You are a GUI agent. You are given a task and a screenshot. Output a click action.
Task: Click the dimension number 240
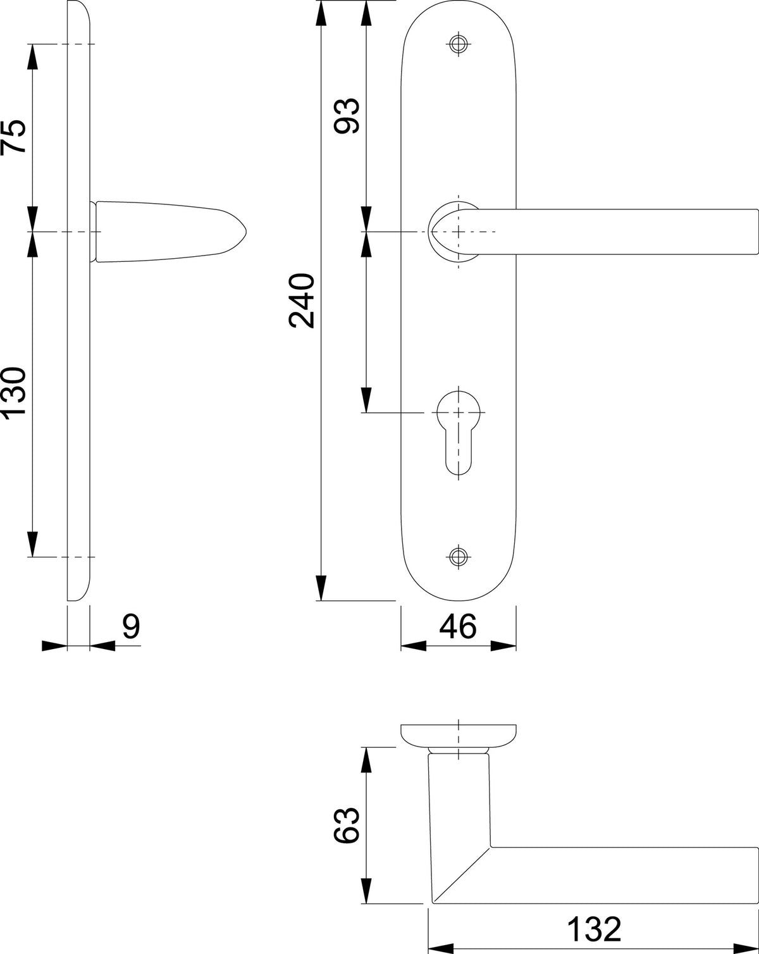[x=302, y=300]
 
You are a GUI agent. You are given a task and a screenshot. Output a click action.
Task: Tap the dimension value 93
[x=347, y=116]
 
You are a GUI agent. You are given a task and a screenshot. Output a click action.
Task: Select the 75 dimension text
[x=13, y=136]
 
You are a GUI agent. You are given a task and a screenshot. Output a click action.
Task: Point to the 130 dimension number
[x=13, y=393]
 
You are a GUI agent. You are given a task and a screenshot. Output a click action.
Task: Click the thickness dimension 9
[x=131, y=627]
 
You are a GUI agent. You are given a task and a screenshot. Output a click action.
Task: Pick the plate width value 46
[x=458, y=627]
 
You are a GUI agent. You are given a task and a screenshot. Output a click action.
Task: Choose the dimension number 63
[x=346, y=825]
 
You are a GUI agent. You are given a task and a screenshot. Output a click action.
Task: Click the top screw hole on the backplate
[x=459, y=44]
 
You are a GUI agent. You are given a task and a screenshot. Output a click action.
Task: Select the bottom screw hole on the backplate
[x=459, y=556]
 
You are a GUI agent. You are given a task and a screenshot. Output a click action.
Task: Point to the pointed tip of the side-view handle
[x=245, y=232]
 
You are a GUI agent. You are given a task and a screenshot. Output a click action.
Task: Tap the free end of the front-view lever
[x=757, y=232]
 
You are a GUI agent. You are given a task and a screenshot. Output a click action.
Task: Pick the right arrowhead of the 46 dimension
[x=503, y=646]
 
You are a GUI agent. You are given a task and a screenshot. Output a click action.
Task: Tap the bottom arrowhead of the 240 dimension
[x=321, y=588]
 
